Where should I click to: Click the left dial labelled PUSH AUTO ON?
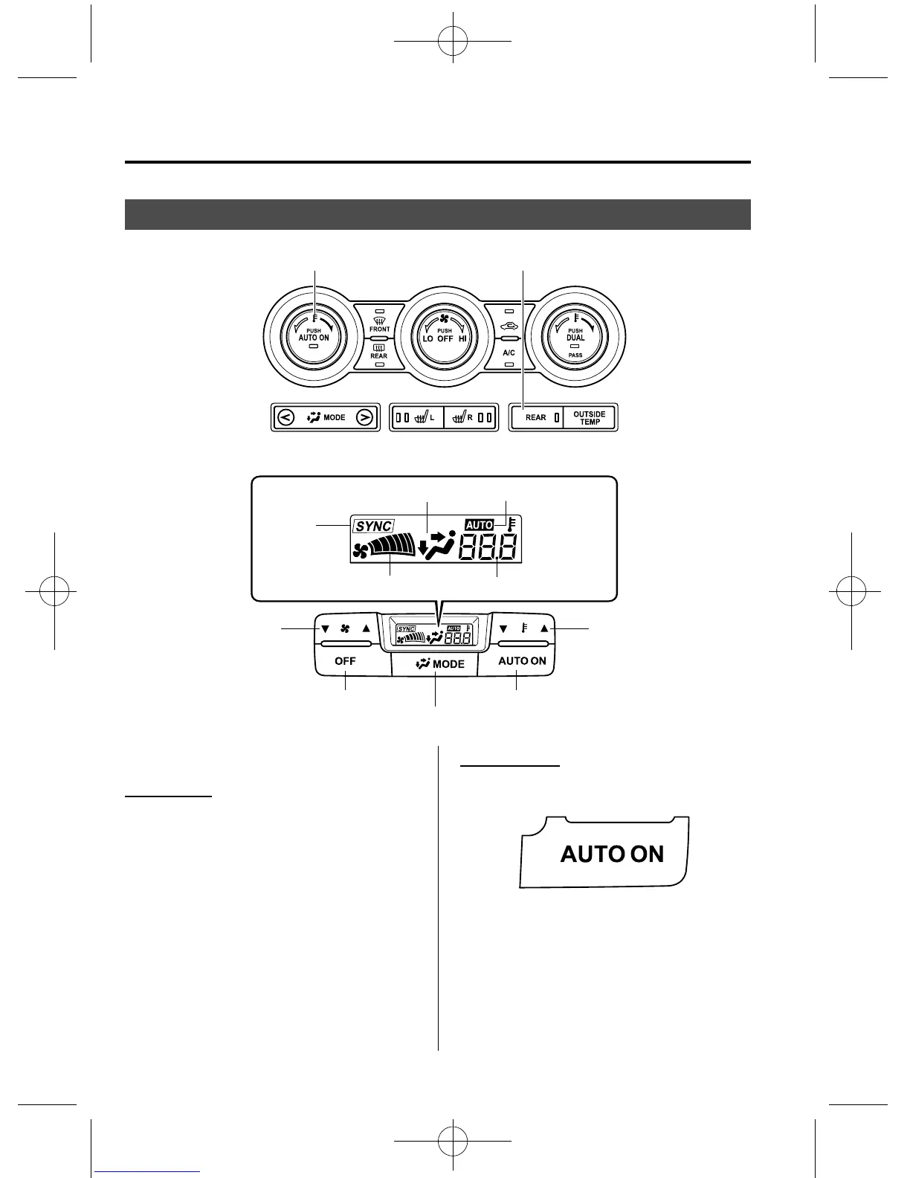314,338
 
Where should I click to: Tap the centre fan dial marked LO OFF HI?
445,338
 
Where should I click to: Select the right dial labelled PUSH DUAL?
575,338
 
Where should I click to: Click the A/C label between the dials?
509,353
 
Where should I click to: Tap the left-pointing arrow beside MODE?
285,417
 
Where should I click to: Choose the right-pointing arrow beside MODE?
364,417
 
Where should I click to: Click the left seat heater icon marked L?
422,417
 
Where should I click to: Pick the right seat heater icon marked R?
464,417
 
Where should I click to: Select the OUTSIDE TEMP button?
590,418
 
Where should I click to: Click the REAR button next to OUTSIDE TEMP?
536,418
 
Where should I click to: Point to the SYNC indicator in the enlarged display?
373,526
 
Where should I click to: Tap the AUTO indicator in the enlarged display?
480,525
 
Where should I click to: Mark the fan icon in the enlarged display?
361,551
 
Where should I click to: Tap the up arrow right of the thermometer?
544,628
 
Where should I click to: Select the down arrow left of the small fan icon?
325,628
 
